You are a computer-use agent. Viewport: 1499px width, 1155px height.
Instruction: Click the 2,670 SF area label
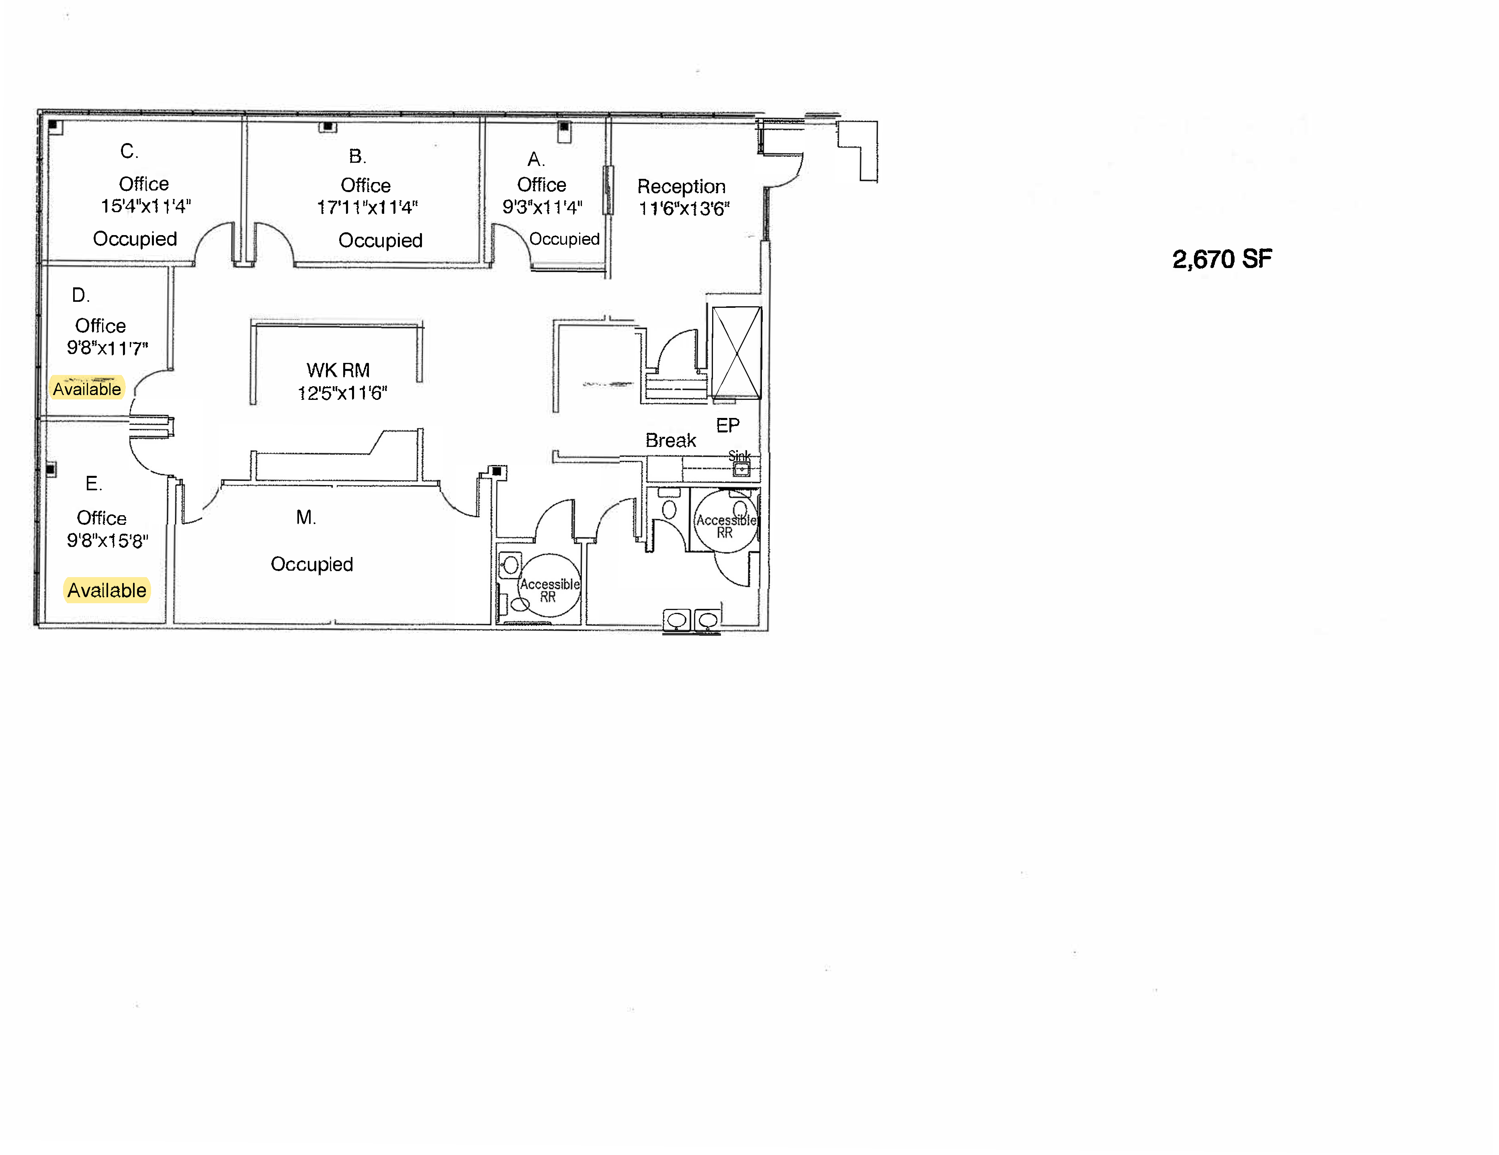coord(1222,259)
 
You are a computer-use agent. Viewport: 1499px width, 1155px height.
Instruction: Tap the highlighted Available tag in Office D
coord(87,389)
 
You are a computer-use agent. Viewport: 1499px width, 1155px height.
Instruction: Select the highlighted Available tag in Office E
coord(106,590)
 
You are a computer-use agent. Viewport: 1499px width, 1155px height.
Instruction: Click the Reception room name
coord(681,186)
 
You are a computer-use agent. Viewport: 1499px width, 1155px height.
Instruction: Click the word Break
coord(671,440)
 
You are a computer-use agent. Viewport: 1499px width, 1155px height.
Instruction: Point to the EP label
coord(727,426)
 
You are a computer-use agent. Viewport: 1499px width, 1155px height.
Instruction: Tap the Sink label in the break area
coord(739,456)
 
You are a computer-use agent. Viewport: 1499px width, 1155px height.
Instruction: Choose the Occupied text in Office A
coord(564,239)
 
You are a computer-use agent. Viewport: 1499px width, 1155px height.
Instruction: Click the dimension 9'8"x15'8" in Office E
coord(107,541)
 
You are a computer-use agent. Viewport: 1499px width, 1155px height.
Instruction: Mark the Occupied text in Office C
coord(135,239)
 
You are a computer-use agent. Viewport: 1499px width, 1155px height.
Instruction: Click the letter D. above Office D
coord(80,295)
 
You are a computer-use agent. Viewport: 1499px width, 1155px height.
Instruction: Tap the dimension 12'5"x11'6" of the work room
coord(342,393)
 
